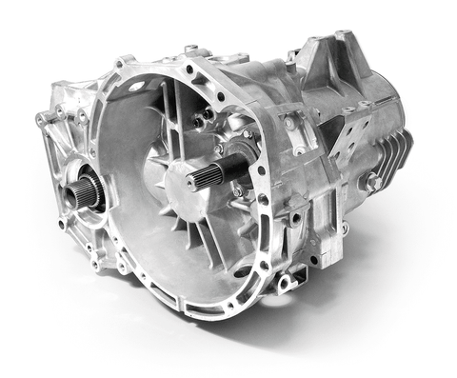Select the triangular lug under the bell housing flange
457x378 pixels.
(x=285, y=282)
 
